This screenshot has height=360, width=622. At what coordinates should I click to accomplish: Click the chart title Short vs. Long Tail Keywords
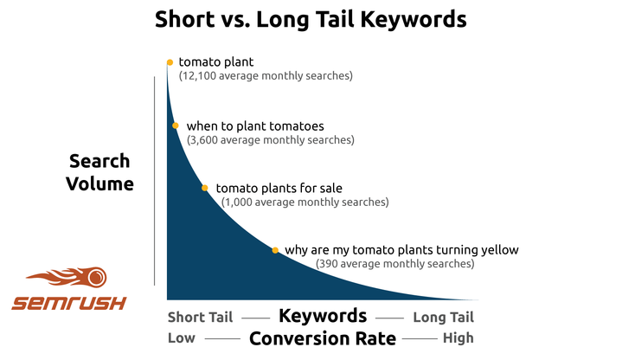point(311,20)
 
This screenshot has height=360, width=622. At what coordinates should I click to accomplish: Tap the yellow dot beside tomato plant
point(170,62)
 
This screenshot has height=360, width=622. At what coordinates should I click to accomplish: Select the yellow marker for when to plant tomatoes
point(176,125)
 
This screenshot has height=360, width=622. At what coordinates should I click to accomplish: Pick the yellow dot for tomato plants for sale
point(205,188)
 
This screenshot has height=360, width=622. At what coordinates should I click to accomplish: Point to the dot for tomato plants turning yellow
point(275,250)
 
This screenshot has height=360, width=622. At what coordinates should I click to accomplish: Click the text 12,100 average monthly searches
point(266,76)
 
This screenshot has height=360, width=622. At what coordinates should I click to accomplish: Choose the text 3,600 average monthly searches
point(271,139)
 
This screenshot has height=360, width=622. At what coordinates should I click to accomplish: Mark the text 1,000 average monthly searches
point(305,202)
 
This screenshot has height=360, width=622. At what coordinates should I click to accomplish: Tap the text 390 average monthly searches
point(394,264)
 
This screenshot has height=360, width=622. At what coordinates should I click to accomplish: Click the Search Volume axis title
point(100,172)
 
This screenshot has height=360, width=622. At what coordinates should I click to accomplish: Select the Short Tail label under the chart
point(198,317)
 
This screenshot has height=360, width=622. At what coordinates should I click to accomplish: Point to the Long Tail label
point(444,317)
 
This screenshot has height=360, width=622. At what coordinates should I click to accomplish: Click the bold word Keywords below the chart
point(322,316)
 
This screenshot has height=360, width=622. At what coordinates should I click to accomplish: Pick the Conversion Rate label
point(322,338)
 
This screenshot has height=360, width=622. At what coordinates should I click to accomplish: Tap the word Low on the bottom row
point(182,338)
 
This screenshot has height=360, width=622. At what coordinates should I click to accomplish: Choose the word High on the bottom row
point(458,338)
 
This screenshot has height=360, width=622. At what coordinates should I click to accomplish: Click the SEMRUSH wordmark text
point(69,303)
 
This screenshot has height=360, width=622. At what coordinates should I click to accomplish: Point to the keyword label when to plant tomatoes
point(254,125)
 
